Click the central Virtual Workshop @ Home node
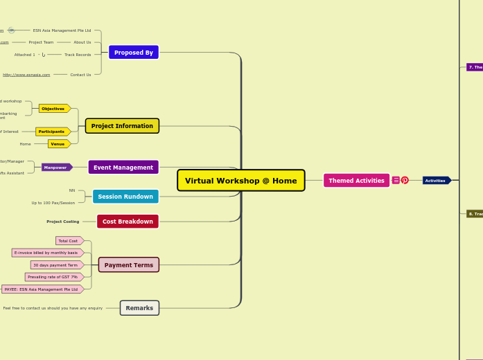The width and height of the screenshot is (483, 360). pyautogui.click(x=240, y=181)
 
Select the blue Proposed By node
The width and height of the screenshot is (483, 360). pyautogui.click(x=134, y=53)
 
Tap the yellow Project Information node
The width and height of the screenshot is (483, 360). pyautogui.click(x=122, y=126)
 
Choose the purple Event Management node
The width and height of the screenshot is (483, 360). pyautogui.click(x=123, y=168)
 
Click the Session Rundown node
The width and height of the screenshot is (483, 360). pyautogui.click(x=125, y=197)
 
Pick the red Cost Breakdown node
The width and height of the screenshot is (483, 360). pyautogui.click(x=128, y=222)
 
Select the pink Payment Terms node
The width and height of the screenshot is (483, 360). pyautogui.click(x=129, y=265)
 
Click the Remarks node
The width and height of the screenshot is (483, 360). pyautogui.click(x=139, y=308)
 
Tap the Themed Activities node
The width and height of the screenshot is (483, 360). pyautogui.click(x=356, y=181)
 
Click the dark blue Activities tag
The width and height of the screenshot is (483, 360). pyautogui.click(x=436, y=181)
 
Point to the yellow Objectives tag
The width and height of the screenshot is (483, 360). pyautogui.click(x=53, y=109)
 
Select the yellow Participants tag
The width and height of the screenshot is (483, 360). pyautogui.click(x=52, y=132)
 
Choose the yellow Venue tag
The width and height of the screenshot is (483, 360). pyautogui.click(x=58, y=144)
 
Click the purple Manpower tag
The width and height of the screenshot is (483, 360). pyautogui.click(x=56, y=168)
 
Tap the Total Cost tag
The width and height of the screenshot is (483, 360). pyautogui.click(x=69, y=241)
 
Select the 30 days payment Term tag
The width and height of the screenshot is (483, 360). pyautogui.click(x=56, y=265)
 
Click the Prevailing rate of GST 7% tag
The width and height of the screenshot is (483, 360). pyautogui.click(x=53, y=277)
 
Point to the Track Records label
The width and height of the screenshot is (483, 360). pyautogui.click(x=78, y=55)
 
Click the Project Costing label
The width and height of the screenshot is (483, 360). pyautogui.click(x=63, y=222)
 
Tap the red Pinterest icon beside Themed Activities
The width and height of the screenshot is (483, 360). pyautogui.click(x=405, y=181)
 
